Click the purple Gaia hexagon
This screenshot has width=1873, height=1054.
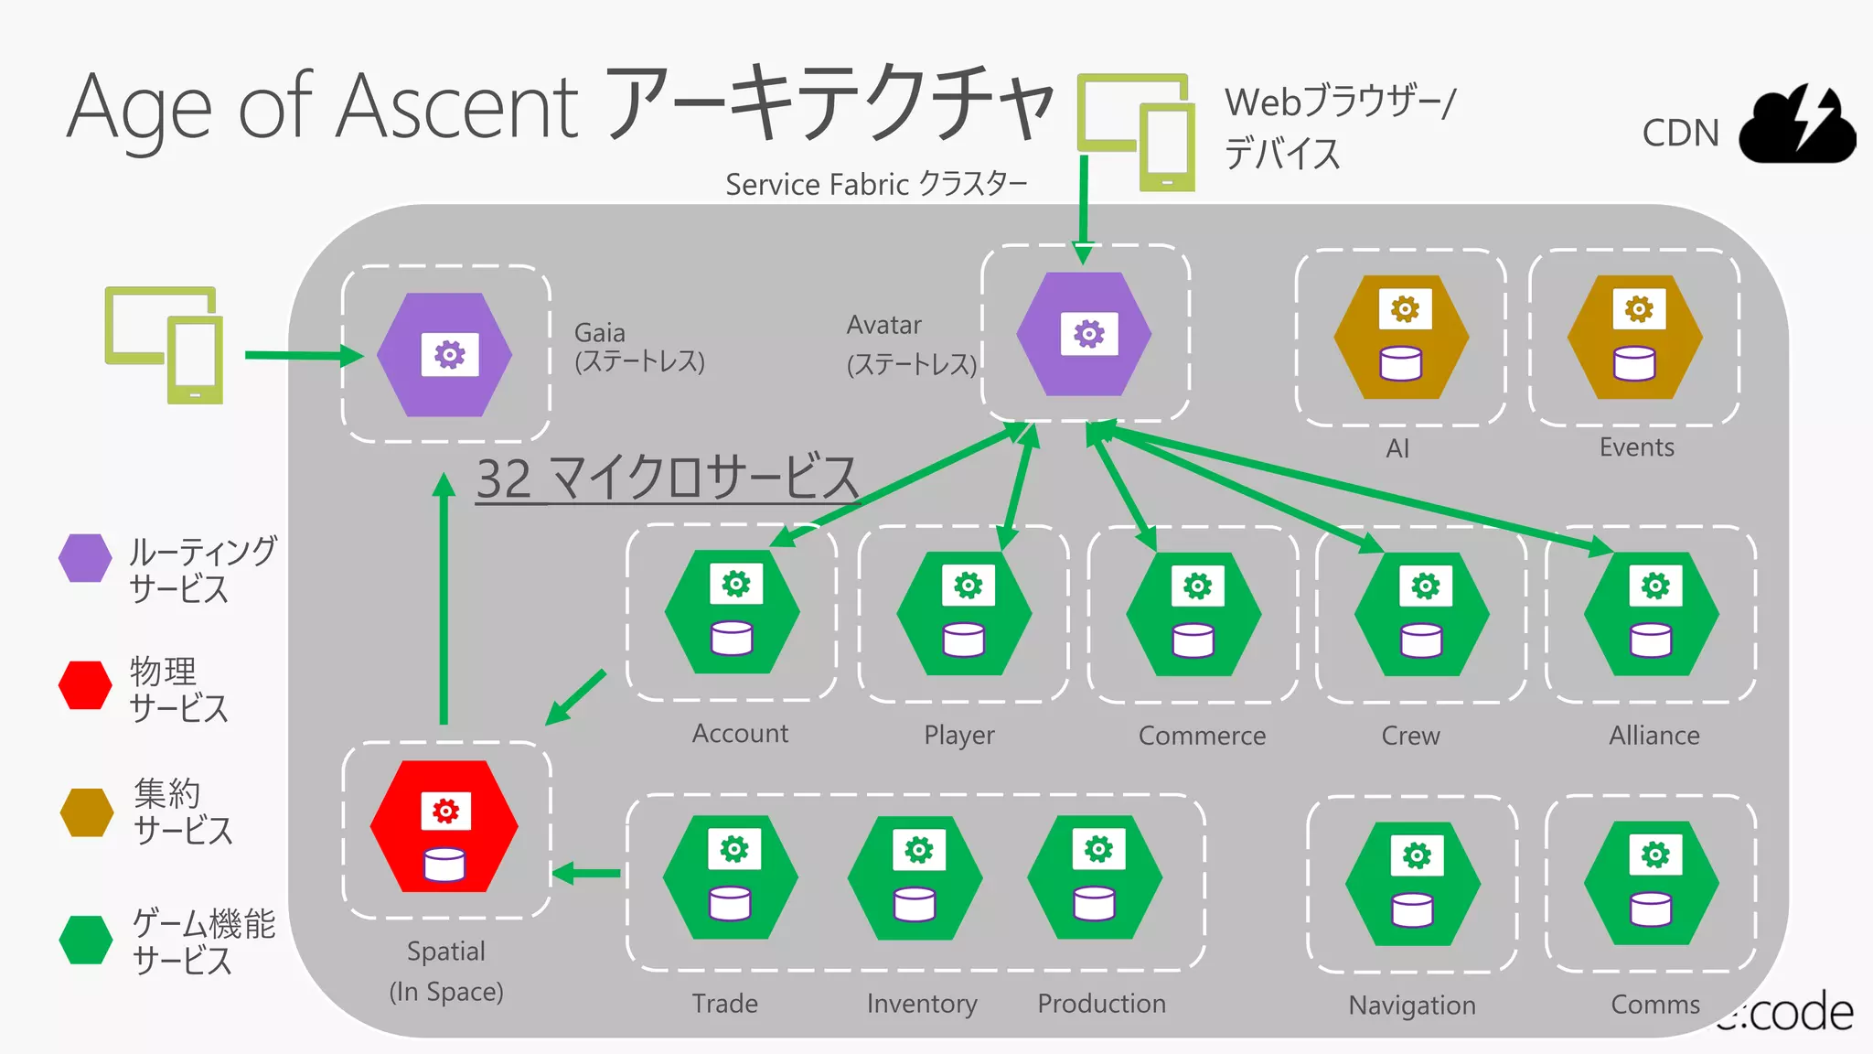[445, 355]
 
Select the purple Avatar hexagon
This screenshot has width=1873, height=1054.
[1085, 335]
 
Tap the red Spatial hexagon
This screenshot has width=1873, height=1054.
[444, 827]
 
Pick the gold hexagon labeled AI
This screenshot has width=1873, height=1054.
[1401, 338]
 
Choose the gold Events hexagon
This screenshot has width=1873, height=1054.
[1635, 338]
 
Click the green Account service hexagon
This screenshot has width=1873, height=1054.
[732, 612]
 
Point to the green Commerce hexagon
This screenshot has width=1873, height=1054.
[1193, 614]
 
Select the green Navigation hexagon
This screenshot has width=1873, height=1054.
[1413, 884]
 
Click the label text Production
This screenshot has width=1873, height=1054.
[1101, 1004]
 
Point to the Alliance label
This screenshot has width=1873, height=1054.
[1654, 736]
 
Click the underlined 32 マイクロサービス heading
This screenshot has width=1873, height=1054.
[667, 478]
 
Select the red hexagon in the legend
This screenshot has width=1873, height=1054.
[85, 686]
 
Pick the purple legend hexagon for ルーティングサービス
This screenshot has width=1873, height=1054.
[85, 558]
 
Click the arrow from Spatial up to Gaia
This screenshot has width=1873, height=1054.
[444, 604]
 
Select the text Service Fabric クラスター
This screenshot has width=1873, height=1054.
[875, 185]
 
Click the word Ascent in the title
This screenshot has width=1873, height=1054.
[457, 107]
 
